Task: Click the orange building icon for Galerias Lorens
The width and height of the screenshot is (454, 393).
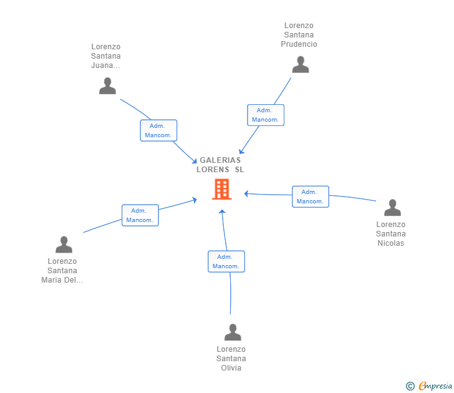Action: point(221,189)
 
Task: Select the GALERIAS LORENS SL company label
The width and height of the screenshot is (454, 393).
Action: point(220,165)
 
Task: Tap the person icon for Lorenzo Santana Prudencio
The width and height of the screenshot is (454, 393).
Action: point(301,65)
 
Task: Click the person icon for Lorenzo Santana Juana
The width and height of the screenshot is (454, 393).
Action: point(107,86)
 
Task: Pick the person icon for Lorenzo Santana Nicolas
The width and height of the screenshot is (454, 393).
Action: point(392,208)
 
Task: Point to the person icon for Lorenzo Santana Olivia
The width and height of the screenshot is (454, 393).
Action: point(232,332)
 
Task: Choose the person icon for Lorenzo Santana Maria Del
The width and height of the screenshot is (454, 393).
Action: point(64,245)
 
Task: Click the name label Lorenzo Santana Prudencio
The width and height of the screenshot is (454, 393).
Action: point(299,35)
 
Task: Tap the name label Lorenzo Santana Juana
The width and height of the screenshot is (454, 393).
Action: point(105,56)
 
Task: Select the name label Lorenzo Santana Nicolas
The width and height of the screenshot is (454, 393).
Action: point(390,234)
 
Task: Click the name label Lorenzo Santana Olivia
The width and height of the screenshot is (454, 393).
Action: point(231,359)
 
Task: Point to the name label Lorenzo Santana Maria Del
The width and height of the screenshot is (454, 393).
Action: point(62,271)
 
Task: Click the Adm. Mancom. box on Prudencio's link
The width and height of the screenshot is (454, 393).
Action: point(265,115)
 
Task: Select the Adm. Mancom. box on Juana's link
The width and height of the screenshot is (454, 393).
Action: point(158,130)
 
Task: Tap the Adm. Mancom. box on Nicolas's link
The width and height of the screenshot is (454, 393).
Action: point(310,196)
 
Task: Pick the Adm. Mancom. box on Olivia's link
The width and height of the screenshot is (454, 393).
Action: point(226,261)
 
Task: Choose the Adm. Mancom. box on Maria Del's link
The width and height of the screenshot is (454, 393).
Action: point(140,215)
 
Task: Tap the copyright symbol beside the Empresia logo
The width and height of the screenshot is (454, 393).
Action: point(410,386)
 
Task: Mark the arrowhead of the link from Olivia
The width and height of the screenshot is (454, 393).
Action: point(223,212)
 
